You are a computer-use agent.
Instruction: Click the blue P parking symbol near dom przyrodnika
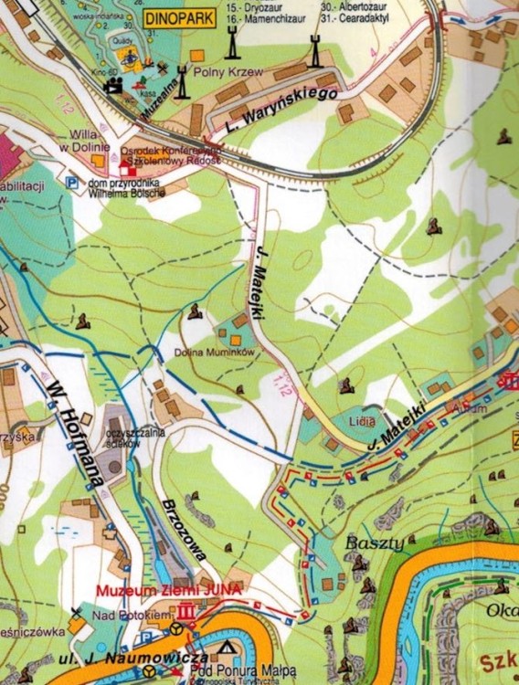(x=71, y=183)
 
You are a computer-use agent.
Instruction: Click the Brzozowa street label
(x=188, y=530)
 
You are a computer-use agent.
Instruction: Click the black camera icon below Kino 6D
(x=114, y=86)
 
